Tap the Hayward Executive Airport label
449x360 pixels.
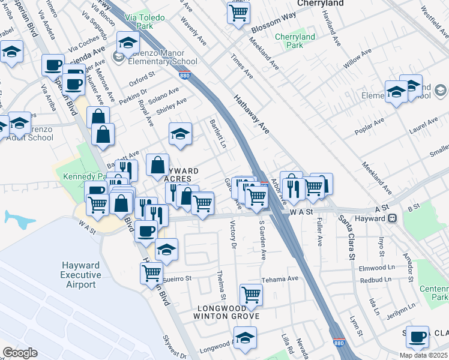[x=81, y=275]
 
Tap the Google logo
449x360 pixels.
[x=20, y=353]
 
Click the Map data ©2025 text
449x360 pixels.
[x=423, y=355]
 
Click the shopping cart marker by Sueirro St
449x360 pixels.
[x=152, y=273]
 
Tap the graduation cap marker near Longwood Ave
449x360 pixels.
[x=245, y=338]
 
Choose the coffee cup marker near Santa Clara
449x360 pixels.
[x=417, y=337]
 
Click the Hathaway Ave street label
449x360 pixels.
[x=250, y=114]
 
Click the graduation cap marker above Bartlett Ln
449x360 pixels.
[x=179, y=135]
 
